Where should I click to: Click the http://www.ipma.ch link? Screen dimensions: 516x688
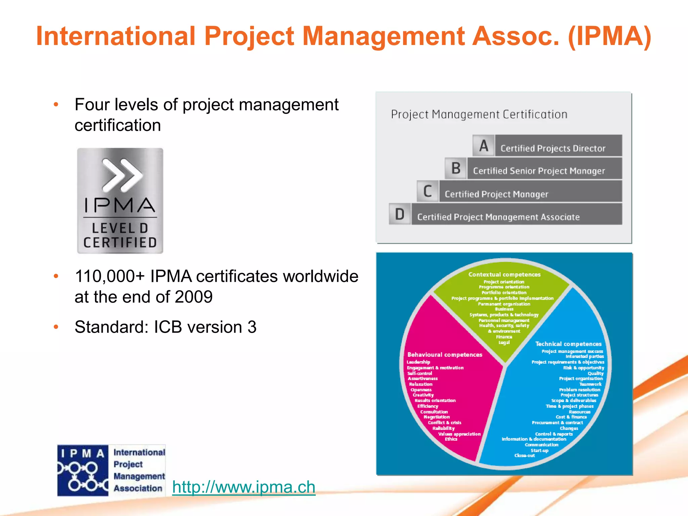[x=244, y=487]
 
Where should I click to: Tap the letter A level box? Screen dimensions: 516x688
[x=483, y=145]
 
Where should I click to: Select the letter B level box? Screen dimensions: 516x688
[x=456, y=168]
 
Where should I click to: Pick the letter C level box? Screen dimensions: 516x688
[x=428, y=191]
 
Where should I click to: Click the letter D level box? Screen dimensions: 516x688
[x=400, y=214]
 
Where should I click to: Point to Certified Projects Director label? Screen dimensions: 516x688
[x=553, y=148]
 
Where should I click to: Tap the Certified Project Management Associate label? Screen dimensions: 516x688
[x=498, y=217]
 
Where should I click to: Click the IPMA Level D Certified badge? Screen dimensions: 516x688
[x=120, y=201]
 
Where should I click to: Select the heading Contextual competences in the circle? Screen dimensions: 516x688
[x=504, y=274]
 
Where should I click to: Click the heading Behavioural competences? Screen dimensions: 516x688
[x=444, y=355]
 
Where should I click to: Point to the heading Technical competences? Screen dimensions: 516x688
[x=568, y=344]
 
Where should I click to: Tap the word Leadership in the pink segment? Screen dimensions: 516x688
[x=418, y=362]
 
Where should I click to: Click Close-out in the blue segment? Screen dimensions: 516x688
[x=524, y=456]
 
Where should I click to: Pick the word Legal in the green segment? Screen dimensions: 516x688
[x=504, y=342]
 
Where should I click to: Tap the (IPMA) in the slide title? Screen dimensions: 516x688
[x=609, y=36]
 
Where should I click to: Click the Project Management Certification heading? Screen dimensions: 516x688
[x=479, y=115]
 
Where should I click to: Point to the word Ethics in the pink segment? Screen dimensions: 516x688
[x=451, y=439]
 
